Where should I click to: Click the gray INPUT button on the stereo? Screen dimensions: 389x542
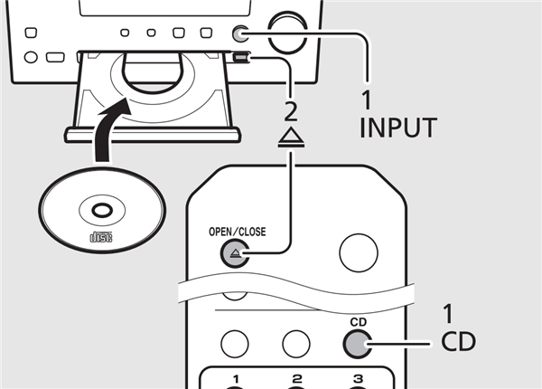point(240,33)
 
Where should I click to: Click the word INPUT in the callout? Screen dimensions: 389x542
point(397,128)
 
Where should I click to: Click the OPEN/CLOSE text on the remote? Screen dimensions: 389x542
point(237,231)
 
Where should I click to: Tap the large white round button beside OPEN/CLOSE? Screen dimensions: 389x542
point(359,255)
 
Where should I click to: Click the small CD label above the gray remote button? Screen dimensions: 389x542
point(358,319)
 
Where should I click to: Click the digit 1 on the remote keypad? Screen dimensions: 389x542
point(236,377)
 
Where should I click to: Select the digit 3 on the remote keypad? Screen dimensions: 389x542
point(359,377)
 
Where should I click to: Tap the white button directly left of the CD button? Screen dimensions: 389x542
point(296,343)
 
